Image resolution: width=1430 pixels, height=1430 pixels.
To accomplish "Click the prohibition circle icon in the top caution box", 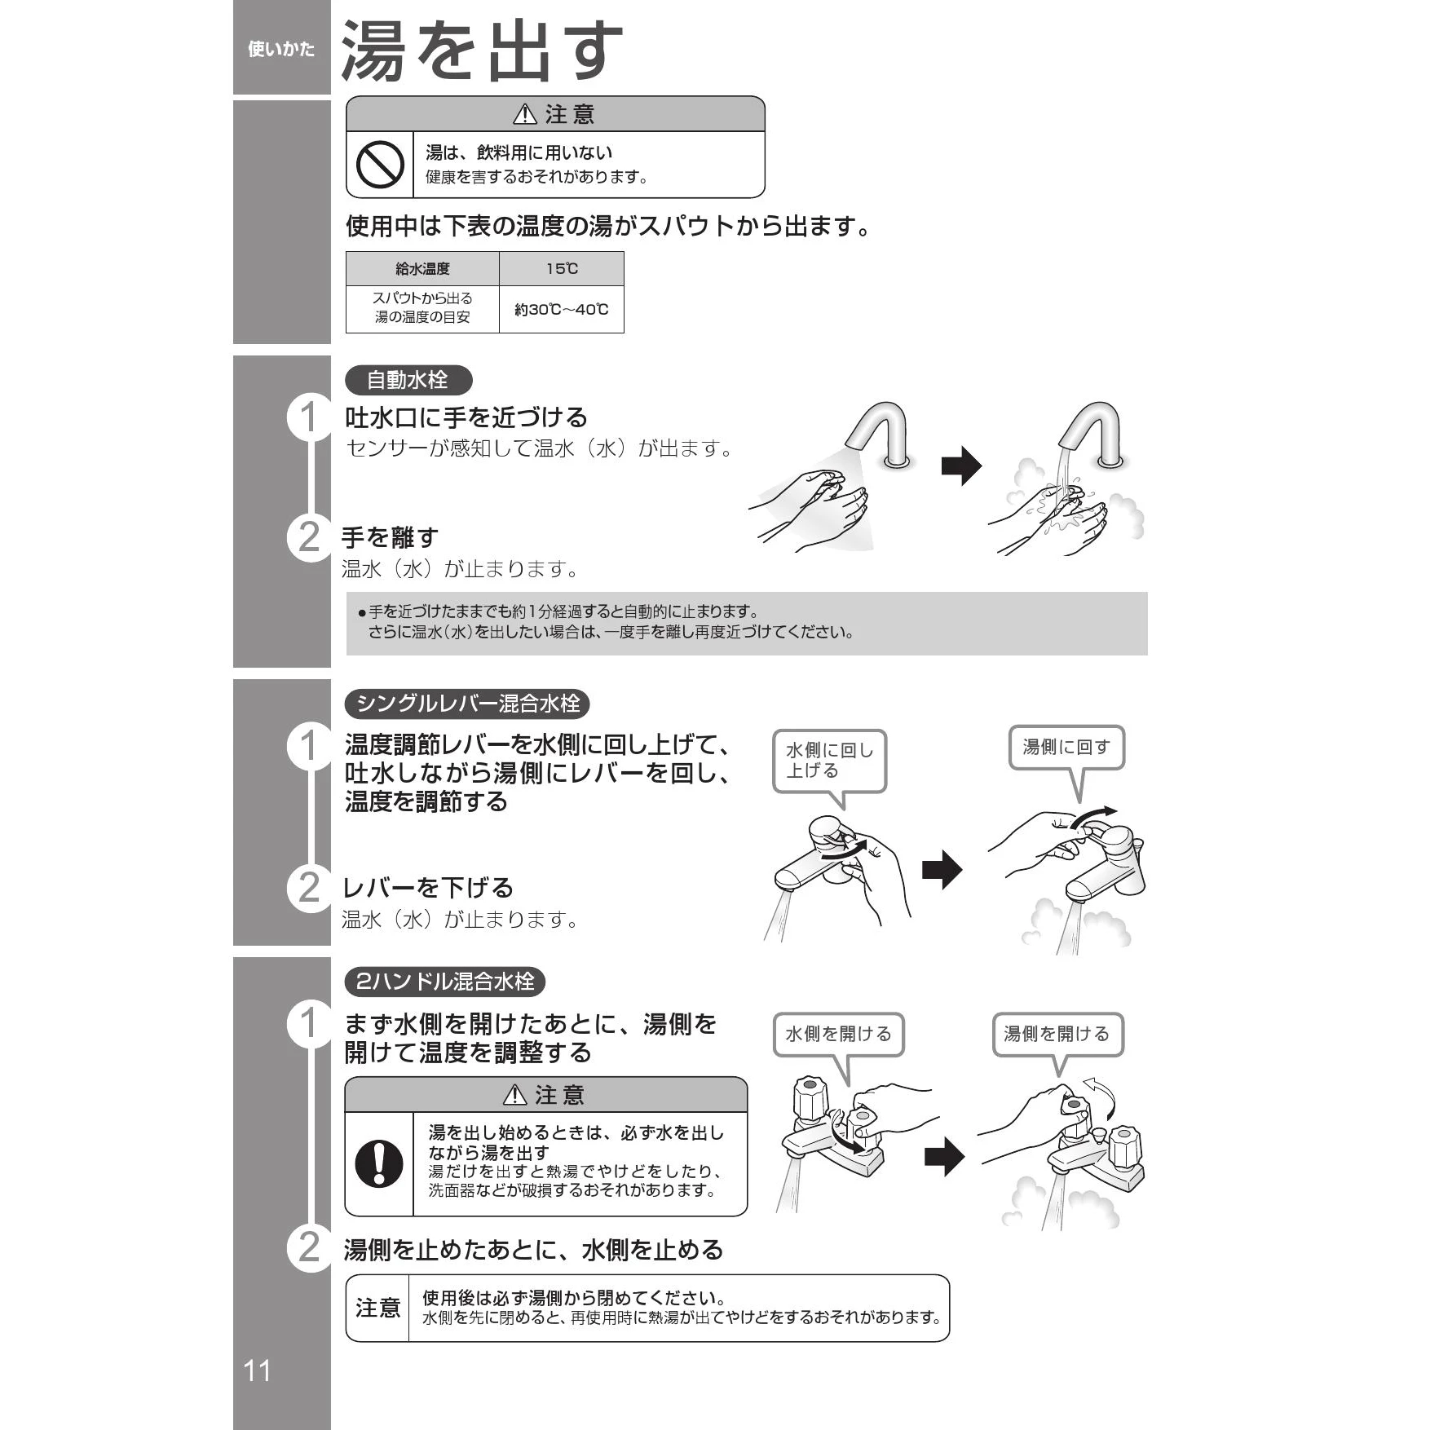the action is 380,165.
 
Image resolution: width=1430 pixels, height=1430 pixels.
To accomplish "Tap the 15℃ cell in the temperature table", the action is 562,268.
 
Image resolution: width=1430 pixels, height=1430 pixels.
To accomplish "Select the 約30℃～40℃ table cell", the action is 562,309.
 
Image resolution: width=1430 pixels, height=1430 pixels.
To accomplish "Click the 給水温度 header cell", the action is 422,268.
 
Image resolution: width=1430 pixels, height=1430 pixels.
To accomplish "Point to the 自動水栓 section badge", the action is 408,380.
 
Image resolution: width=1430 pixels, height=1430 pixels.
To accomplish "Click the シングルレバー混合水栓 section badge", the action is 467,703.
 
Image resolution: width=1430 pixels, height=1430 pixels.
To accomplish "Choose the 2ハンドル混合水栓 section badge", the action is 444,981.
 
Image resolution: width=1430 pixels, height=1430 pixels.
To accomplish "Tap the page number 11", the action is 257,1370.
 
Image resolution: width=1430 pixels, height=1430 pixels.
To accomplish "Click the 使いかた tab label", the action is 281,50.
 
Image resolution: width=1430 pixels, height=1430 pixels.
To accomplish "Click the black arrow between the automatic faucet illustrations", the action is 962,466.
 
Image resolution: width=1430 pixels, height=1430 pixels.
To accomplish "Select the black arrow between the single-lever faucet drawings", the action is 942,869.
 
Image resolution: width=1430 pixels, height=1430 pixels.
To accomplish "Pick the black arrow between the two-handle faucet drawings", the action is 944,1156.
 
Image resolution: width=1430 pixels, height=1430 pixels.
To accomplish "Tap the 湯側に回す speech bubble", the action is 1066,759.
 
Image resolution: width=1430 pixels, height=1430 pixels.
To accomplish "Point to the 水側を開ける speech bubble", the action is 838,1047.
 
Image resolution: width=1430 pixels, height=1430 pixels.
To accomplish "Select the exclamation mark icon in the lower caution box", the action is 379,1163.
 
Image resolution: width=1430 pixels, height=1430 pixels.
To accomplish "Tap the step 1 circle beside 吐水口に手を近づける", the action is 310,417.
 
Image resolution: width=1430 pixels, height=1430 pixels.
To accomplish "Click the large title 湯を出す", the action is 482,51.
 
